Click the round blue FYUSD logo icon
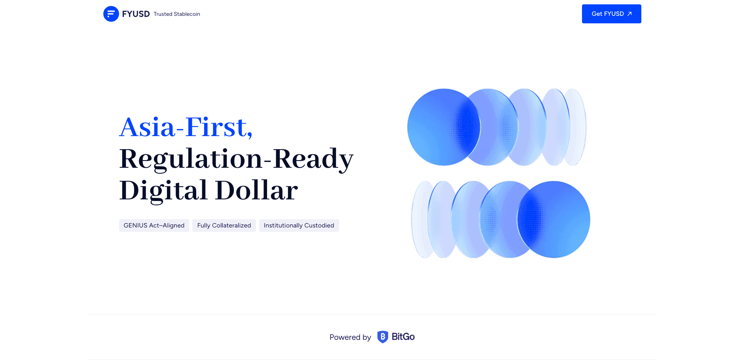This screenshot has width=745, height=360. pos(111,14)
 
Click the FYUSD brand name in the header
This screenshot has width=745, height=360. pos(136,14)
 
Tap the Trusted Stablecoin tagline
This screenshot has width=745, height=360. pos(177,14)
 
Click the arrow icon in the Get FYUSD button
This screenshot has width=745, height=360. pos(629,14)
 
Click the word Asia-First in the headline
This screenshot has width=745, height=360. pos(183,127)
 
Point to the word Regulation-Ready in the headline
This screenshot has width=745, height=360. pos(236,159)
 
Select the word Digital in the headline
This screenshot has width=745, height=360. pos(163,191)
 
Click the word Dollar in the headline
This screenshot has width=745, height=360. pos(256,190)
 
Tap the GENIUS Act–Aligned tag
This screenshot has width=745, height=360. pos(154,225)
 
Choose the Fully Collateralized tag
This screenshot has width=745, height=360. pos(224,225)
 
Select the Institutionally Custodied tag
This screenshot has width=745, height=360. pos(299,225)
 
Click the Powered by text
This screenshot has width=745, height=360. pos(350,337)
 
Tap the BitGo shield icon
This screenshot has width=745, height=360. pos(383,337)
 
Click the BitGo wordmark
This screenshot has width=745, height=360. pos(403,337)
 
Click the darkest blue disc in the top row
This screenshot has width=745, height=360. pos(443,127)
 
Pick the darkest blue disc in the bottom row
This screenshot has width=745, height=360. pos(554,220)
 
